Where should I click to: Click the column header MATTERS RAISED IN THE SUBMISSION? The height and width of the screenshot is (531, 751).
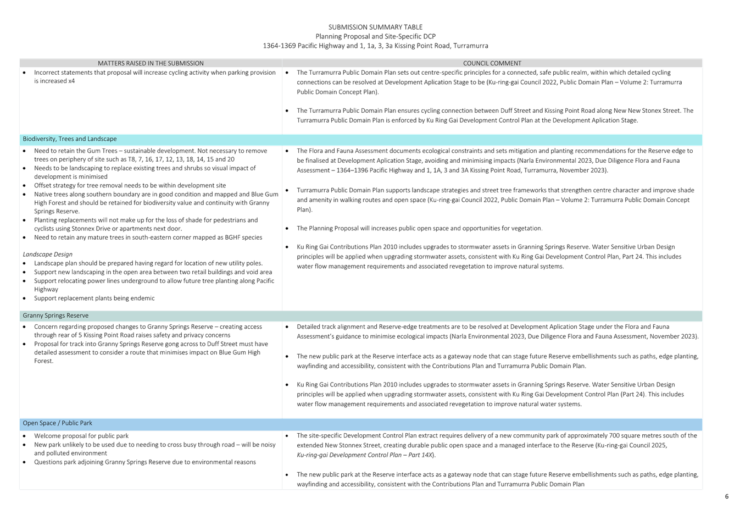151,63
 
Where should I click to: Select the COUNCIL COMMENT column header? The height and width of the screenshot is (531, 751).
492,63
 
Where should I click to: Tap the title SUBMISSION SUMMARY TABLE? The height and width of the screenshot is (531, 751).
375,27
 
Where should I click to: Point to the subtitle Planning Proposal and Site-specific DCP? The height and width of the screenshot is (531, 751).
375,36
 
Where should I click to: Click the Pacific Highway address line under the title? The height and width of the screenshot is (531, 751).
375,46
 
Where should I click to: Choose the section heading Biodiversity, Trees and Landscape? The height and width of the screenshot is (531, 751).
69,139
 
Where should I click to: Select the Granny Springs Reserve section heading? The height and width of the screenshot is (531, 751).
55,316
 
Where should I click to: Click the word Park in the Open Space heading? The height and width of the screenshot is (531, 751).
85,423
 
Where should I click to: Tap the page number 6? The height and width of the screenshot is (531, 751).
726,496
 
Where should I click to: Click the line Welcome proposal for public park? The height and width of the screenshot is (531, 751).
81,435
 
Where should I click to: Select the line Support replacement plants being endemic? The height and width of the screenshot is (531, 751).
94,298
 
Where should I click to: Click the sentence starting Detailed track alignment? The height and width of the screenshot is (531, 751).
497,327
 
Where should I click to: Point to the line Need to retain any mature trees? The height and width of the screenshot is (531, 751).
148,237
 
